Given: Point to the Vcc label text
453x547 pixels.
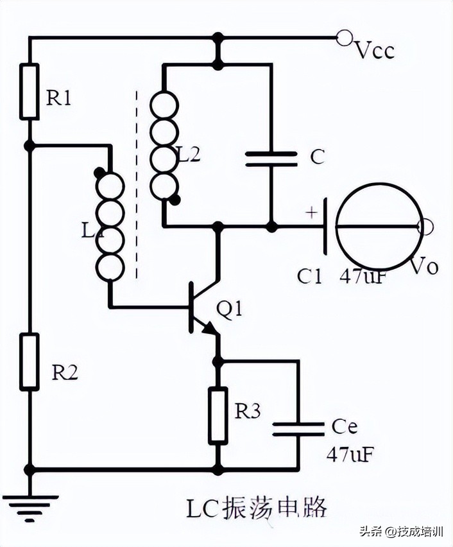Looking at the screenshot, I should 374,51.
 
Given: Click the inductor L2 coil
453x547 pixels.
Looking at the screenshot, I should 163,145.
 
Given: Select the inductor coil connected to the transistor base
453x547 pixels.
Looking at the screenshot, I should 110,225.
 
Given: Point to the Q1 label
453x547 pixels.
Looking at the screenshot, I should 230,309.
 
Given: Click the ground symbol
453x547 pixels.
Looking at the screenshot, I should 30,505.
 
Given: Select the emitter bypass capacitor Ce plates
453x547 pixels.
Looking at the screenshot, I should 298,429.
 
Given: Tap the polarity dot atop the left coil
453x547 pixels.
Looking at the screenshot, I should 99,172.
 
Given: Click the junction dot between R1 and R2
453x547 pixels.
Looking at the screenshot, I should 30,146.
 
